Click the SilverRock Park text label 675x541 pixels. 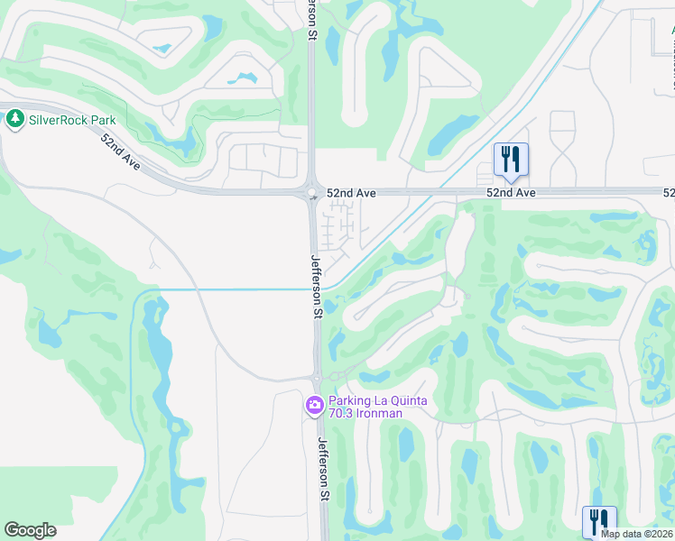72,119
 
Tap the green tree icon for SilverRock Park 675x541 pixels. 14,119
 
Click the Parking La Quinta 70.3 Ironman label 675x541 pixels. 365,407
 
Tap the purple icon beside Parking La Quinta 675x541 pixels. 314,407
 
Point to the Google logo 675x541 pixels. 30,530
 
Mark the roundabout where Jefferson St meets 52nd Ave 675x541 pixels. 312,192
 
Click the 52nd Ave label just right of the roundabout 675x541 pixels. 351,193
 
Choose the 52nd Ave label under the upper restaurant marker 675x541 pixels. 511,193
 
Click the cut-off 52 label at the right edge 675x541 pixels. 669,193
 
